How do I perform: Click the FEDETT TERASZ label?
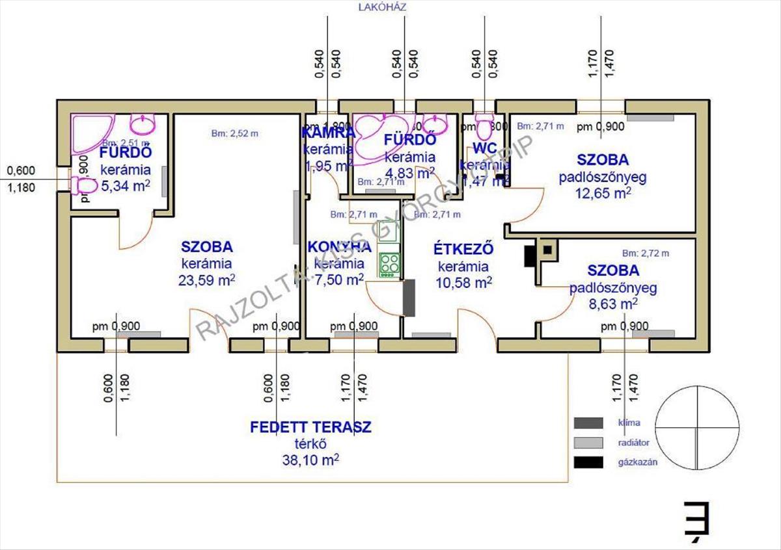(x=310, y=427)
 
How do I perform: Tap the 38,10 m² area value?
(x=310, y=460)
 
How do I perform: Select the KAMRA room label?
(x=327, y=133)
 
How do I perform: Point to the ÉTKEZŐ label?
(x=463, y=249)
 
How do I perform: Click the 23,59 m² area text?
(x=206, y=280)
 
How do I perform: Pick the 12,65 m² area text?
(x=603, y=192)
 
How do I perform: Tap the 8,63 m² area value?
(x=612, y=304)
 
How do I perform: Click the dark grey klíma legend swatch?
(x=588, y=423)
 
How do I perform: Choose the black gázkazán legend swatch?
(x=588, y=463)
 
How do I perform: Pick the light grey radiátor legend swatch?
(x=588, y=443)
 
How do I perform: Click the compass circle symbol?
(x=697, y=427)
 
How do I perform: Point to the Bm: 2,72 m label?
(x=645, y=253)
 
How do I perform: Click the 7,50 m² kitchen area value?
(x=335, y=280)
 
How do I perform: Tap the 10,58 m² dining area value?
(x=463, y=282)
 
